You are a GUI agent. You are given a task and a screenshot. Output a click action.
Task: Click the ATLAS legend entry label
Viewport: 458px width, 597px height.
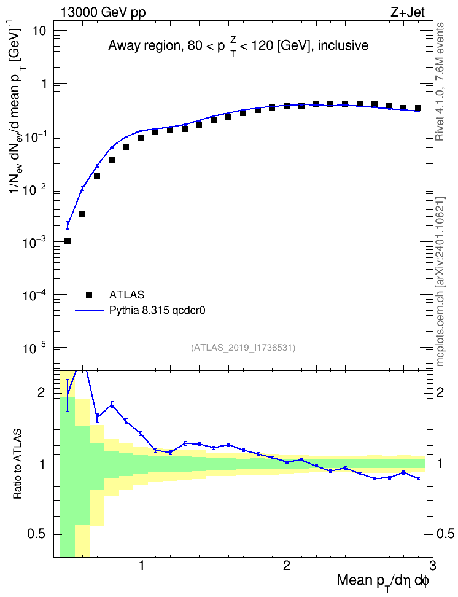coord(126,295)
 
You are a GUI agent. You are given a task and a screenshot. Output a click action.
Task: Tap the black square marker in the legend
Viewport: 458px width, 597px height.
coord(89,295)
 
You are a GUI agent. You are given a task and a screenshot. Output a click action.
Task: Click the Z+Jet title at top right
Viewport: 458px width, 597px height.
coord(407,12)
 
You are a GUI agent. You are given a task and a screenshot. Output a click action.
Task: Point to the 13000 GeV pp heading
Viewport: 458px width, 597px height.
coord(103,12)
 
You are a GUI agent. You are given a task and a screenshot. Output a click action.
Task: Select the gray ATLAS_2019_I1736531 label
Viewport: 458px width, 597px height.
coord(243,348)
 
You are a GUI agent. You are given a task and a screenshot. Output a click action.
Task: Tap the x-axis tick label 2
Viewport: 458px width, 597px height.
coord(287,566)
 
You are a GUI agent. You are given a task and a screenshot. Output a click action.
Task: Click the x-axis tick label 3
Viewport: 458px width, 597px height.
coord(432,566)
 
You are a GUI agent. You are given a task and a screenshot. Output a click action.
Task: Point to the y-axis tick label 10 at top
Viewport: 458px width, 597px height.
coord(39,31)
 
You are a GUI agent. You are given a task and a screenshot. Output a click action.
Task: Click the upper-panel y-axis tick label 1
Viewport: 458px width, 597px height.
coord(44,84)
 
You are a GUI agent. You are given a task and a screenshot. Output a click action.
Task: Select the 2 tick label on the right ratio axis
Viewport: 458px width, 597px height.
coord(440,392)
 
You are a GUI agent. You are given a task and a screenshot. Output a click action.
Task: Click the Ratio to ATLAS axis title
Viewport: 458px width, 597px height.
coord(17,464)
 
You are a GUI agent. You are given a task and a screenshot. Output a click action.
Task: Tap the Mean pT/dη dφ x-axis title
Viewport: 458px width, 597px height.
coord(383,582)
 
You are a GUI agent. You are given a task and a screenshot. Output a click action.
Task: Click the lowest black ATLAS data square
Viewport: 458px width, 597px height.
coord(68,241)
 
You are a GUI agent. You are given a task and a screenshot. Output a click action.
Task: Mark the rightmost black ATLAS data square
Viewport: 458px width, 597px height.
coord(418,108)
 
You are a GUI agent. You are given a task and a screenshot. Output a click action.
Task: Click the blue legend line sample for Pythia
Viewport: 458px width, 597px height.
coord(89,310)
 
